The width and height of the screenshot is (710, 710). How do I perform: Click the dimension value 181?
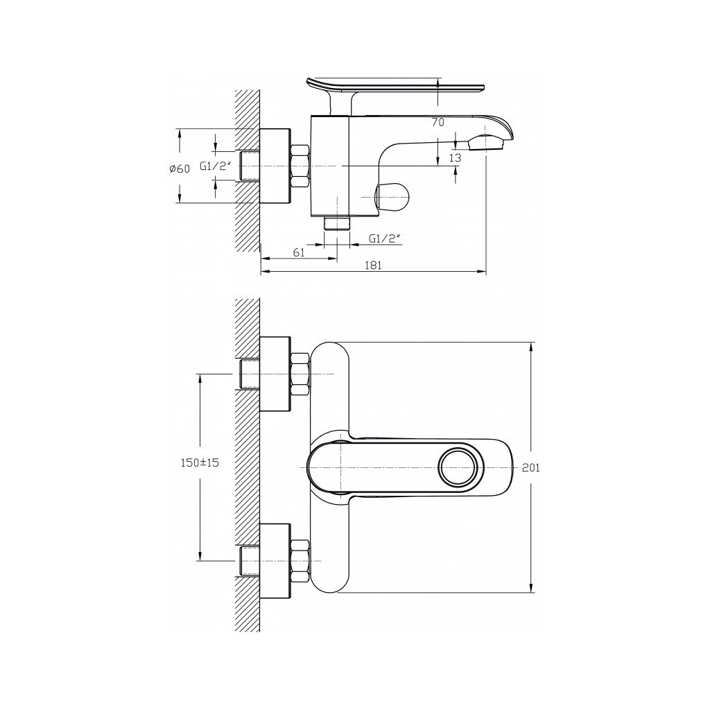[x=373, y=266]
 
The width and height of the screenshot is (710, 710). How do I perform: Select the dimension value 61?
[x=299, y=252]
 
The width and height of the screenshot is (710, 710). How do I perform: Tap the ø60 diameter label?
[x=180, y=169]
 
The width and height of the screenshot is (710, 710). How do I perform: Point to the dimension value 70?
[x=438, y=122]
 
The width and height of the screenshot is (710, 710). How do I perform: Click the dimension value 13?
[x=456, y=158]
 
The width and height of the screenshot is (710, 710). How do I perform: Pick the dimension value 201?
[x=530, y=468]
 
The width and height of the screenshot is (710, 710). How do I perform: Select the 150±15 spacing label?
[x=200, y=462]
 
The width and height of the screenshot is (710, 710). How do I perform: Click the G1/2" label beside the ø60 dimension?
[x=216, y=166]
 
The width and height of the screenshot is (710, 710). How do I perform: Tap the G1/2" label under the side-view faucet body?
[x=386, y=239]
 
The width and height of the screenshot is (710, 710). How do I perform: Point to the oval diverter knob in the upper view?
[x=392, y=196]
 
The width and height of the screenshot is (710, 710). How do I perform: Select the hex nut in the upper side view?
[x=300, y=166]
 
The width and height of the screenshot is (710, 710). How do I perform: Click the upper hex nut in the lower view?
[x=300, y=374]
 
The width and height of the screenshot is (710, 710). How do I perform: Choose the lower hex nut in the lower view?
[x=300, y=561]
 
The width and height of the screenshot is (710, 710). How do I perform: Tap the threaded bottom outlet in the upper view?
[x=338, y=223]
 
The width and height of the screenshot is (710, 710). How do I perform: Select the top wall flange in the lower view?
[x=275, y=374]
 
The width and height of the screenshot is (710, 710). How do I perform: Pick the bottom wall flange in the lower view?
[x=275, y=561]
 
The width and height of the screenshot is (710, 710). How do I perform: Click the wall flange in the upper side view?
[x=275, y=166]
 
